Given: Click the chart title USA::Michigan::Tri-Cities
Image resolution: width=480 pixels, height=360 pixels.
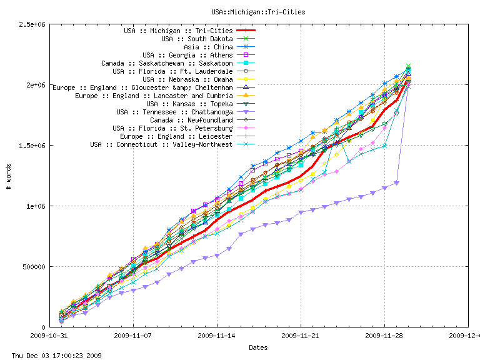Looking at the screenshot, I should click(x=258, y=11).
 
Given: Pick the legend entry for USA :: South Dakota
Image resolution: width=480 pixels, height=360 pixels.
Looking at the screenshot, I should click(x=197, y=39).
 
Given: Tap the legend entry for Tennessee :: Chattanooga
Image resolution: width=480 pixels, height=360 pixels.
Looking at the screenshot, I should click(x=174, y=112).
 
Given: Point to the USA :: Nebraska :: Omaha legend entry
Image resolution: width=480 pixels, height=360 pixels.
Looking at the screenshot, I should click(x=187, y=79).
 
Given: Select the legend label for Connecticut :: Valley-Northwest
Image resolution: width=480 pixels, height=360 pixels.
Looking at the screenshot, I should click(x=161, y=144).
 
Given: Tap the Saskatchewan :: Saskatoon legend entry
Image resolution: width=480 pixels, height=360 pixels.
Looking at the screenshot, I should click(x=167, y=63).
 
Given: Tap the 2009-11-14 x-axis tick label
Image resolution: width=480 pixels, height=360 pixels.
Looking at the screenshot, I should click(x=217, y=336).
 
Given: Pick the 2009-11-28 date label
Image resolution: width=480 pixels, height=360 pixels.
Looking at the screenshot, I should click(x=384, y=336).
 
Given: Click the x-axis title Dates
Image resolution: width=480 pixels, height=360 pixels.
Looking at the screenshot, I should click(x=258, y=347).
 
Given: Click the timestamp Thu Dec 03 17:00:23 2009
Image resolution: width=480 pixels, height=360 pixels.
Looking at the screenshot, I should click(x=52, y=355).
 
